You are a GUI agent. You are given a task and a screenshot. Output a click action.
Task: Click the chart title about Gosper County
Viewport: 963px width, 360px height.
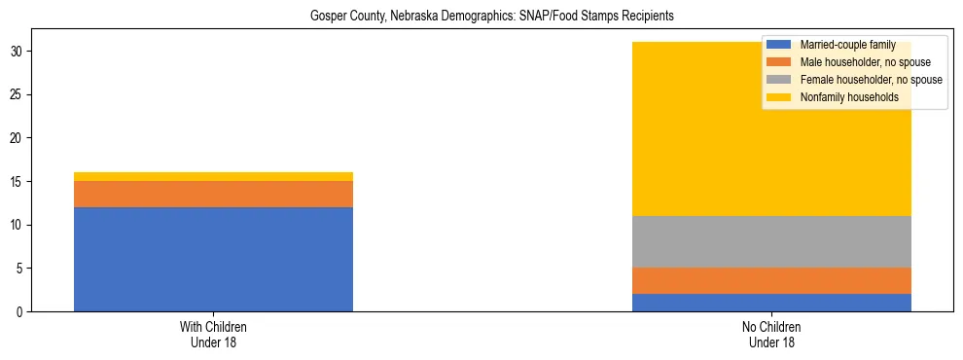(x=491, y=17)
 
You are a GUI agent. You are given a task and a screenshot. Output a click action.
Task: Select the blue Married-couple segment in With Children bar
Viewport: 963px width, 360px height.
(x=213, y=259)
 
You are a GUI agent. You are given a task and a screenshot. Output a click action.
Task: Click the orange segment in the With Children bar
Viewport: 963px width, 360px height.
(x=213, y=194)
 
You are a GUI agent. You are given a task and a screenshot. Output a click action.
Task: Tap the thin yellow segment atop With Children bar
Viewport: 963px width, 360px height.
(x=213, y=176)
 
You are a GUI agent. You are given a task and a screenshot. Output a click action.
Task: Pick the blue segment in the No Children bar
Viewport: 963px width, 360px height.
(x=771, y=303)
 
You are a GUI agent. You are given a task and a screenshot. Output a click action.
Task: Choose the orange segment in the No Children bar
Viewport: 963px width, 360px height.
(x=771, y=280)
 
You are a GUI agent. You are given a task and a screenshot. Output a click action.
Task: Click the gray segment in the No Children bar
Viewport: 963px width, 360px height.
(x=771, y=241)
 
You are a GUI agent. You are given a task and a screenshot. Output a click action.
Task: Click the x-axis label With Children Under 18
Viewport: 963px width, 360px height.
(x=213, y=335)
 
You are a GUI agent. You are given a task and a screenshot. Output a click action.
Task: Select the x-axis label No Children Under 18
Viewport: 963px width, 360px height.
(x=771, y=335)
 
